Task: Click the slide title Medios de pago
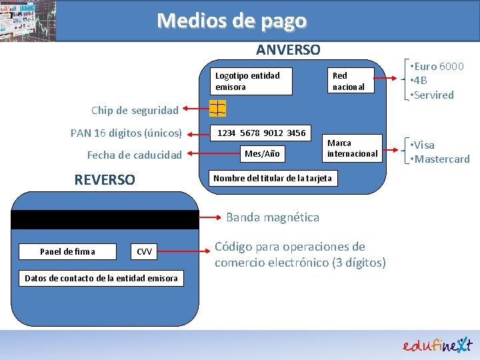231,21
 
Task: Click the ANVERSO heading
288,50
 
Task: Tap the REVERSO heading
105,180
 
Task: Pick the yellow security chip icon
217,107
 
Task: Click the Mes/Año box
262,154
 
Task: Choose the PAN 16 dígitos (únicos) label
126,133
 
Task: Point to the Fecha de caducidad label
134,155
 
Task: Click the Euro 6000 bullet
437,67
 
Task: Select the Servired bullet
433,95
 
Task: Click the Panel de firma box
67,251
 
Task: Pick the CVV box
144,251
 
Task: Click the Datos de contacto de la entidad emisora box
101,278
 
